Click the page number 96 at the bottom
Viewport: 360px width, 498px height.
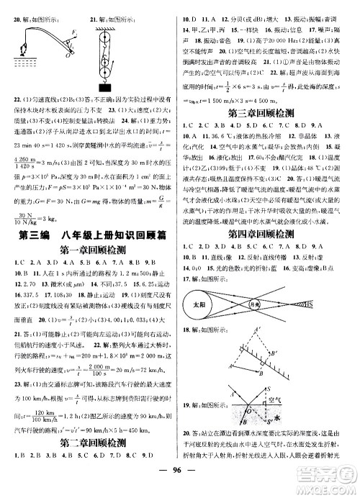[180, 484]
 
